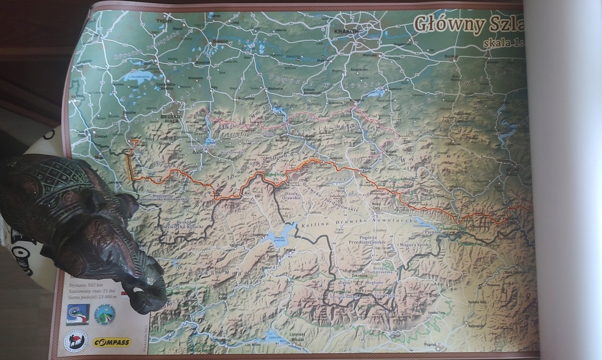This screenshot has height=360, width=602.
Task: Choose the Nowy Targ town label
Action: point(377,206)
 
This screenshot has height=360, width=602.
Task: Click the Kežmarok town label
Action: point(477,325)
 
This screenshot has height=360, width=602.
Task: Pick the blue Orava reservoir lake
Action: point(276,236)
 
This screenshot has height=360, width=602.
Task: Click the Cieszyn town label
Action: point(101,136)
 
